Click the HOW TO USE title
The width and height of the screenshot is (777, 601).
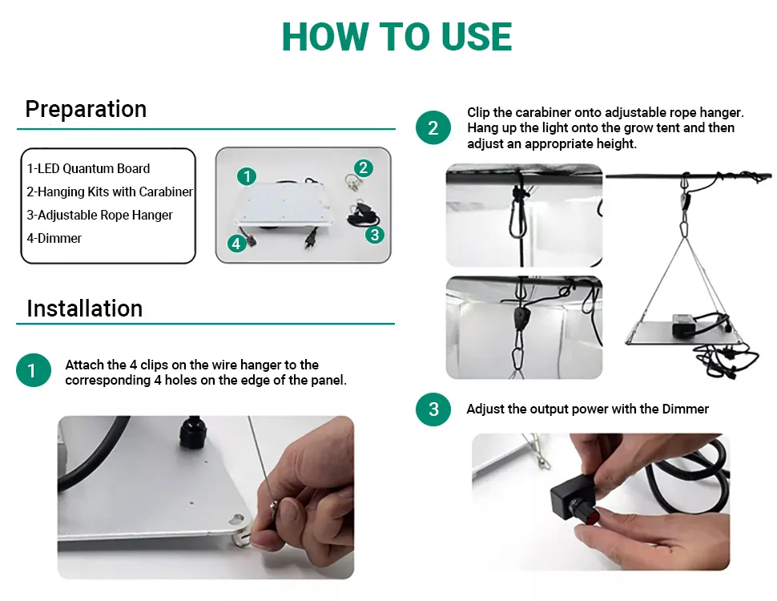coord(397,37)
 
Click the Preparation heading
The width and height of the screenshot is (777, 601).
coord(86,110)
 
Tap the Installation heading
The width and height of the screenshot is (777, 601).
coord(85,309)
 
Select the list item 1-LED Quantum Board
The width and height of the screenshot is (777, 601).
coord(88,168)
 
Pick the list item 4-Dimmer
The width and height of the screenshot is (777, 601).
coord(54,238)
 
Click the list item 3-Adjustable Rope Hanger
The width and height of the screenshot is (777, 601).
coord(99,216)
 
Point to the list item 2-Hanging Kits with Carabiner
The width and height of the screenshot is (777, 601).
coord(110,192)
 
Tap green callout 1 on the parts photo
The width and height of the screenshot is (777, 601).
coord(247,176)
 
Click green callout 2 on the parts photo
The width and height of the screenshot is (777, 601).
coord(363,167)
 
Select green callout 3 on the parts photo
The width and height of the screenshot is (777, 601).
coord(375,234)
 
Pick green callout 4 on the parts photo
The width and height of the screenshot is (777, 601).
coord(236,244)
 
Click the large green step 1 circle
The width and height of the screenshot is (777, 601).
coord(33,370)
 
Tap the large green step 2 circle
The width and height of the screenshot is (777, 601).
coord(433,128)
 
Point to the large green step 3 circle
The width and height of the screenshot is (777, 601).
coord(433,409)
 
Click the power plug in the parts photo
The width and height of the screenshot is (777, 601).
coord(312,238)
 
